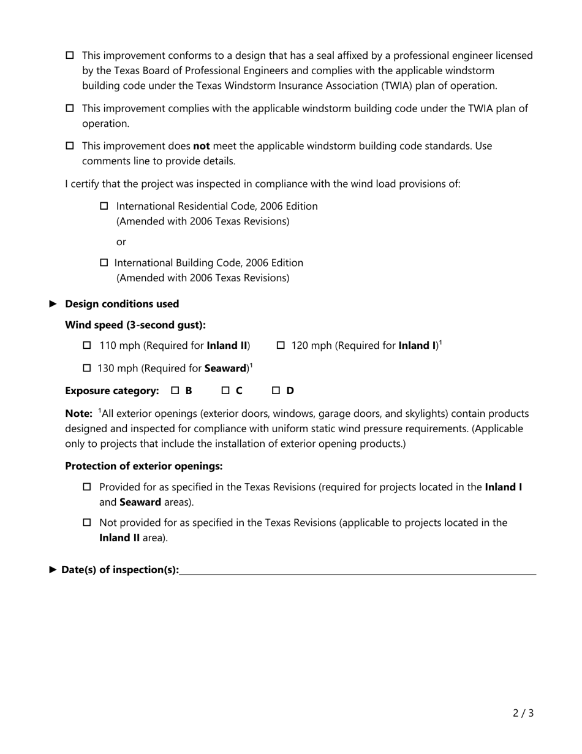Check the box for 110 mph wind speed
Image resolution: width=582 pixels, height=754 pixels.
87,346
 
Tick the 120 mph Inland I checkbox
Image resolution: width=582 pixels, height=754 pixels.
281,346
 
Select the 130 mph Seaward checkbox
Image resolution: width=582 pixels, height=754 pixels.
86,368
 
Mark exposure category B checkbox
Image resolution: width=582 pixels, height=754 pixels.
175,390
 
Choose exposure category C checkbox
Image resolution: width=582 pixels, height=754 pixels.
225,390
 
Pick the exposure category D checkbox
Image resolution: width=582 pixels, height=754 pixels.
276,390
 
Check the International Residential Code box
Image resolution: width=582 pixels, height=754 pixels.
104,206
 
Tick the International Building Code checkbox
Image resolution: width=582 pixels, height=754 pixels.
104,263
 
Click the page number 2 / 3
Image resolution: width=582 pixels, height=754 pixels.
523,713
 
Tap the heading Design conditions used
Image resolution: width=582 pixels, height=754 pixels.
122,304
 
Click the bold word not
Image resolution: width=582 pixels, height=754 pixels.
202,147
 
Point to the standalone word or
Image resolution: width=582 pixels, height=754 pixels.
121,242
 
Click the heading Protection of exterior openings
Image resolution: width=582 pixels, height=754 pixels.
143,466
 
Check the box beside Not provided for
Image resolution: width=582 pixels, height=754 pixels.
87,523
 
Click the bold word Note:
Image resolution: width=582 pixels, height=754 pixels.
78,414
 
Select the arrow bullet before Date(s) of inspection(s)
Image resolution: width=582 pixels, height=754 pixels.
53,570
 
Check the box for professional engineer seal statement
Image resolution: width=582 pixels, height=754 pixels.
70,56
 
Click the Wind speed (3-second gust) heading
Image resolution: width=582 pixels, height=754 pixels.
135,325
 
